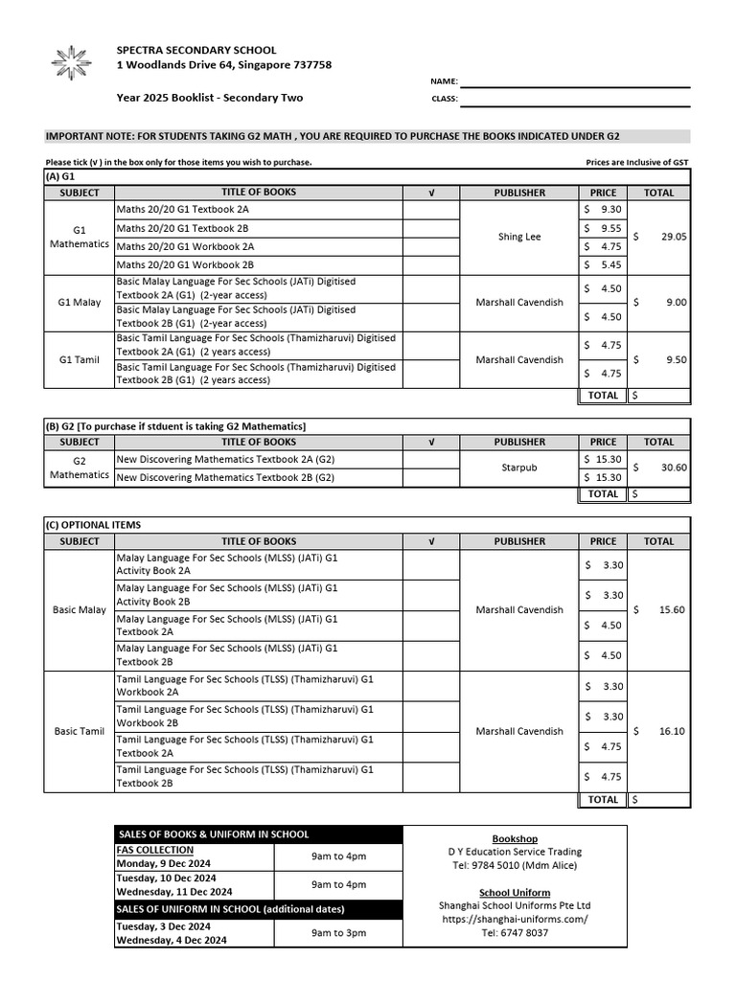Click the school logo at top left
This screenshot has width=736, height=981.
[69, 63]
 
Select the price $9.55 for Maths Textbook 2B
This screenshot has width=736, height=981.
[604, 229]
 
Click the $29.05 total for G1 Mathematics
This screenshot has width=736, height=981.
[659, 237]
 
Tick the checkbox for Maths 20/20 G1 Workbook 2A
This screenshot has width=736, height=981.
[431, 246]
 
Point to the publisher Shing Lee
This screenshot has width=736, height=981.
[518, 237]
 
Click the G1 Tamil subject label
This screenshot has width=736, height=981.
[80, 360]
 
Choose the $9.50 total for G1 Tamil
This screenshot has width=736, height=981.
[659, 360]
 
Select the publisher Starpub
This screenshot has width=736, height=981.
[518, 468]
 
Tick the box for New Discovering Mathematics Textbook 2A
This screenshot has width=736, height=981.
[431, 459]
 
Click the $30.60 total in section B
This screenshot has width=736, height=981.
[659, 468]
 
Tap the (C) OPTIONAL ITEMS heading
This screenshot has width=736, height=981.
[93, 525]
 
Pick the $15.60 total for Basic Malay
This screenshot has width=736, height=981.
[659, 610]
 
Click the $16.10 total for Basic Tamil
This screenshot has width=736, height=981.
[659, 731]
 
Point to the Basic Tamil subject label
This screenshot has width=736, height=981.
[80, 731]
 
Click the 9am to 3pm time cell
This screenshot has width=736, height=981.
[338, 932]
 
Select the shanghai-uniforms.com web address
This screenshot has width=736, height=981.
[514, 919]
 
